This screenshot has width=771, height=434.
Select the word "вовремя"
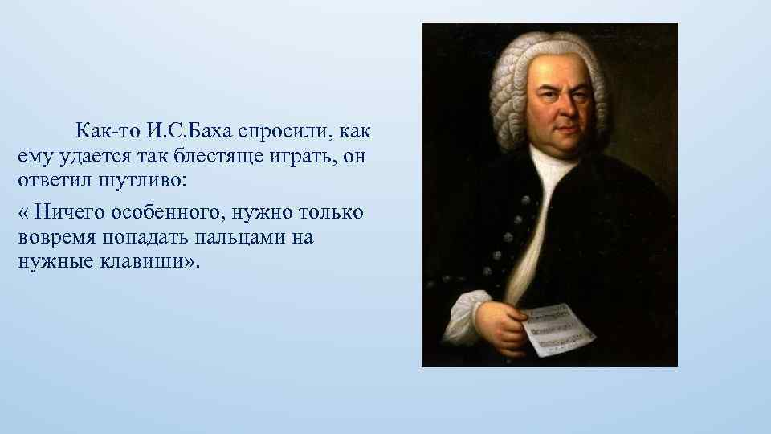(x=52, y=238)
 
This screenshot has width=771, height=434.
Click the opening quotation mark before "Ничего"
(x=21, y=213)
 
